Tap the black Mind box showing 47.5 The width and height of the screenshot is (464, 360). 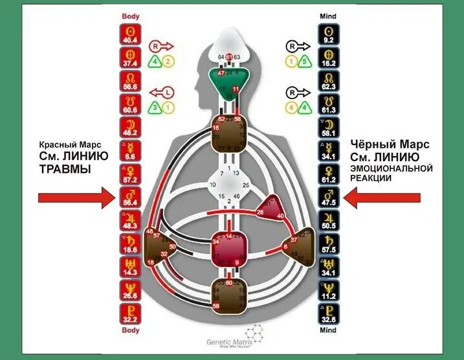click(x=328, y=197)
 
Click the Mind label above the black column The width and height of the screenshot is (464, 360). click(x=328, y=14)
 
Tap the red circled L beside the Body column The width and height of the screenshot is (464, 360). click(x=166, y=93)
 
